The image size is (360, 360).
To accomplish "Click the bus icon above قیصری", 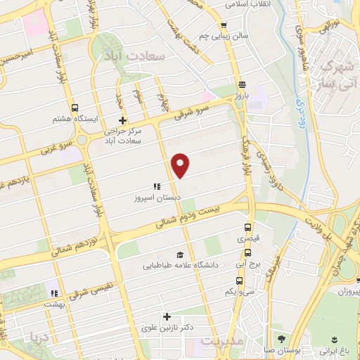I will pyautogui.click(x=247, y=227).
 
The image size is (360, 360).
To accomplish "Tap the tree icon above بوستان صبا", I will pyautogui.click(x=283, y=339).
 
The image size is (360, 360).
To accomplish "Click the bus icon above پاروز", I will pyautogui.click(x=241, y=81).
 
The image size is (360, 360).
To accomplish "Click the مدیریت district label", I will pyautogui.click(x=220, y=341).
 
